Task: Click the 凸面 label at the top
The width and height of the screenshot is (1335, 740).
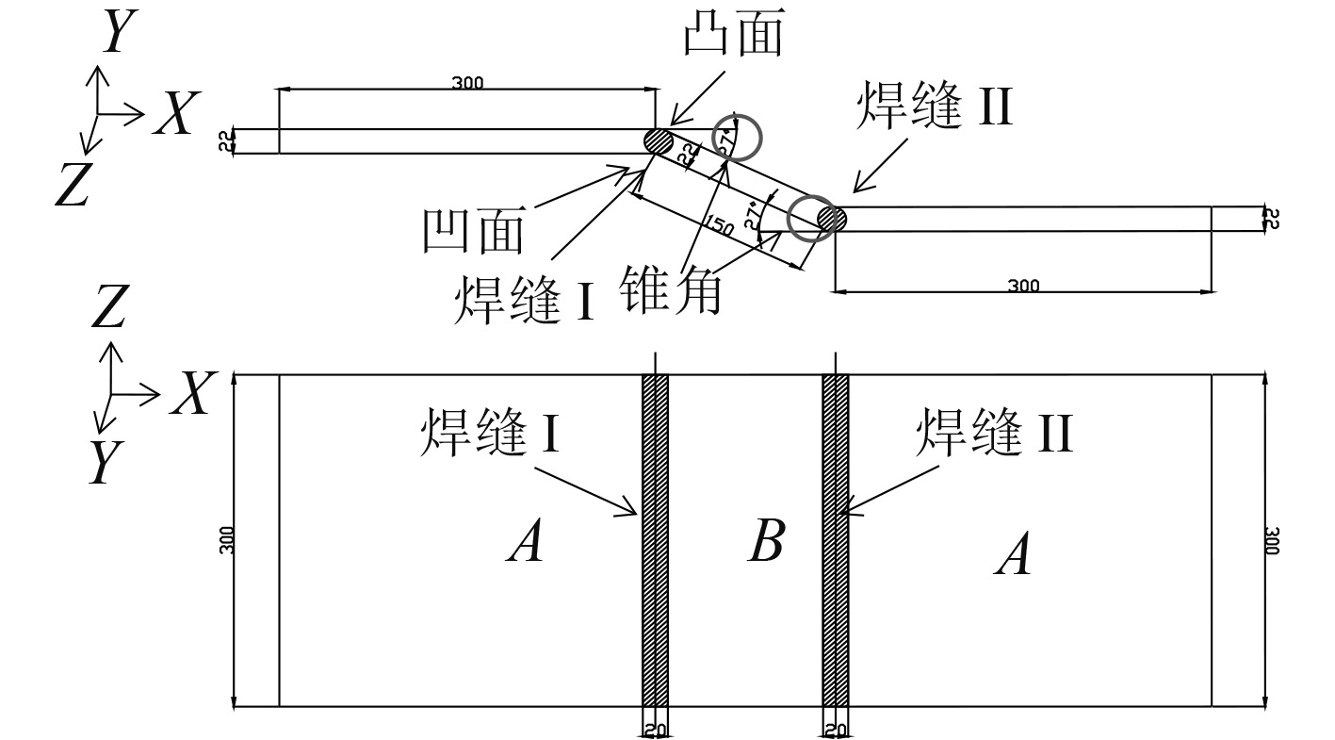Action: (x=733, y=37)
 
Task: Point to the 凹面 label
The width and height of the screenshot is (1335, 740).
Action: (x=472, y=230)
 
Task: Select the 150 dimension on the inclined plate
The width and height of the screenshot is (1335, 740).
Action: (x=719, y=227)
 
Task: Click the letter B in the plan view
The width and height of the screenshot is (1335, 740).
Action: (x=766, y=542)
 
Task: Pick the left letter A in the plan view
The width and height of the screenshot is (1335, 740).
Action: (x=525, y=542)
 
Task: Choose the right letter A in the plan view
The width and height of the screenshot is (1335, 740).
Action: (x=1014, y=554)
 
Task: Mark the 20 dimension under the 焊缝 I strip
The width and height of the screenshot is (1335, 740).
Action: (x=655, y=731)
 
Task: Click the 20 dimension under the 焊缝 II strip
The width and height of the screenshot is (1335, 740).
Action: (x=836, y=731)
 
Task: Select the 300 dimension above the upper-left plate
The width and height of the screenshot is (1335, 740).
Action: (x=466, y=83)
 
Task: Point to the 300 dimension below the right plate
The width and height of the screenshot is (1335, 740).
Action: (x=1023, y=286)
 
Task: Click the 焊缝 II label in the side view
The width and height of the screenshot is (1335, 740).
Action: (x=933, y=106)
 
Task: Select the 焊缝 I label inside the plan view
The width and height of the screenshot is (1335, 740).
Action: (x=490, y=433)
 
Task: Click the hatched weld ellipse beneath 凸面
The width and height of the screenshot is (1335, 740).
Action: (x=658, y=141)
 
